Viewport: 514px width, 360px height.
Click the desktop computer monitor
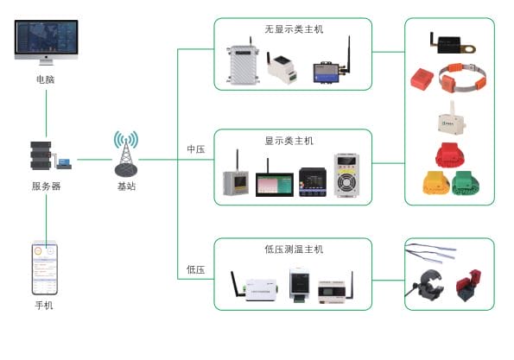pos(46,43)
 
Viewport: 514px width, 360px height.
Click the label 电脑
pos(46,79)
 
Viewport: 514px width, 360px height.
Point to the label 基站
pos(126,186)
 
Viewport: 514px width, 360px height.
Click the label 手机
pos(45,305)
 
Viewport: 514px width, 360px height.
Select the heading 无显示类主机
pos(294,29)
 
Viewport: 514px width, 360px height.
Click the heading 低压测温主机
pos(294,249)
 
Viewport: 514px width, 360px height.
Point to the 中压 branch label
pos(195,149)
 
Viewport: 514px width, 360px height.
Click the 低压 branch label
pos(195,269)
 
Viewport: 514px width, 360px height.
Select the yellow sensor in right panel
pos(436,184)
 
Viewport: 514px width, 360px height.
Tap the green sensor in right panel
pos(467,183)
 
